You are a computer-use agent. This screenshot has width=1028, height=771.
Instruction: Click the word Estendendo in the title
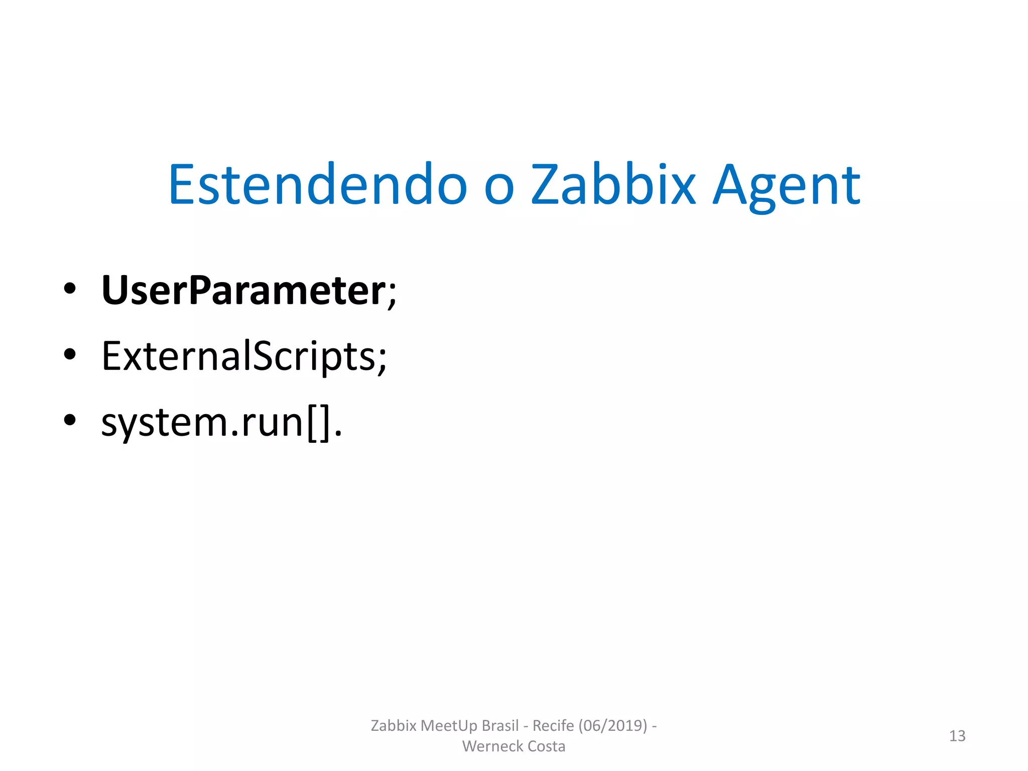click(317, 185)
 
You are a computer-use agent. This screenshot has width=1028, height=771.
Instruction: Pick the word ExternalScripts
click(238, 356)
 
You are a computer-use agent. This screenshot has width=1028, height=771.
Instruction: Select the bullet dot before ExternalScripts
click(70, 354)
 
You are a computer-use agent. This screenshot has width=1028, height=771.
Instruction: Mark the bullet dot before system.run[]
click(70, 420)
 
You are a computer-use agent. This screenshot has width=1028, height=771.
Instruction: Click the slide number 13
click(957, 736)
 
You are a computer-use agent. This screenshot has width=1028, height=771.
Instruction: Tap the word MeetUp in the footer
click(449, 726)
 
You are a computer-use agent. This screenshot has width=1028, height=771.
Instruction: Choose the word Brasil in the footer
click(500, 726)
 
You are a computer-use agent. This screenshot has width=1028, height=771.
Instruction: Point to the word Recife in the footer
click(553, 726)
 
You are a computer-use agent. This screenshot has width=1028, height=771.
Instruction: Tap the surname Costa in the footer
click(546, 746)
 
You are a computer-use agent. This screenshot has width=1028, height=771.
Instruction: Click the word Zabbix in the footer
click(394, 726)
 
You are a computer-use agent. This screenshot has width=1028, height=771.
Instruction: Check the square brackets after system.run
click(319, 424)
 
